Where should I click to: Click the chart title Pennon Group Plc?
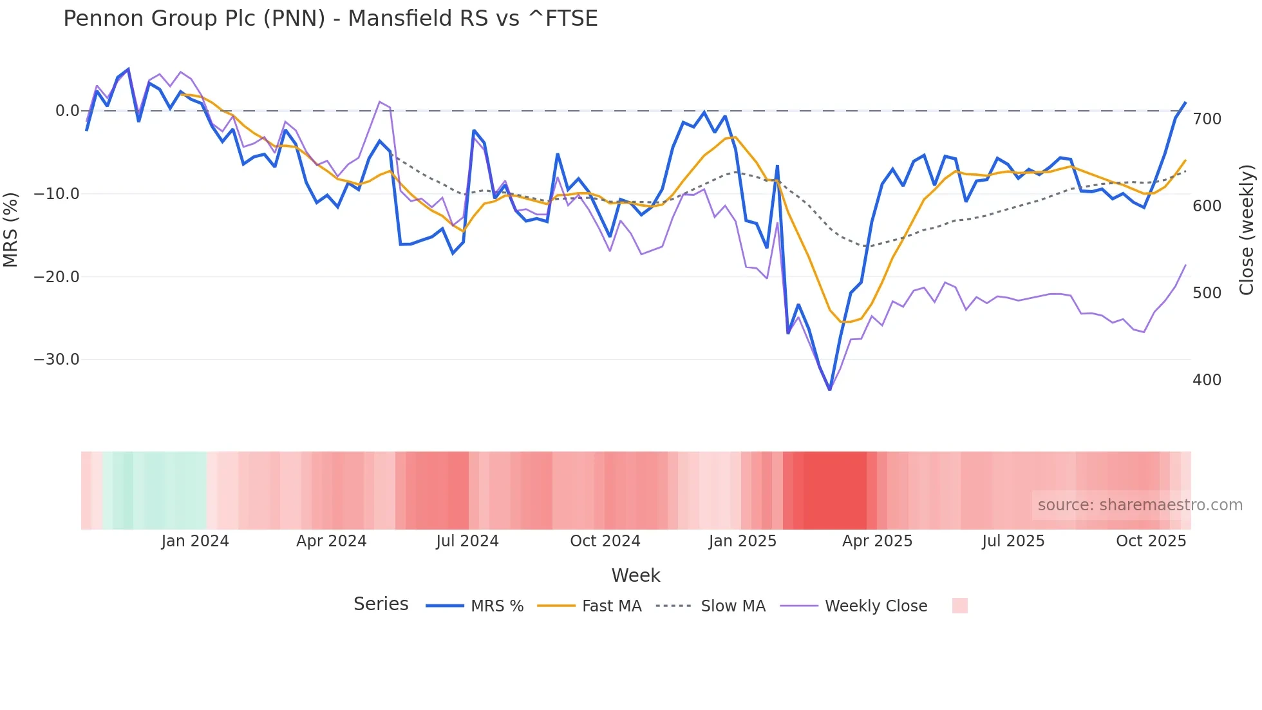330,19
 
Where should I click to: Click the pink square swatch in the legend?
959,606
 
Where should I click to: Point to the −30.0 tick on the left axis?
57,360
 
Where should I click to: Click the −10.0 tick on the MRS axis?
57,194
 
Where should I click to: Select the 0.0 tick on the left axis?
67,111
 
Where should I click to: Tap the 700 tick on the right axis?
1207,119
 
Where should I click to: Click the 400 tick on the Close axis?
1207,380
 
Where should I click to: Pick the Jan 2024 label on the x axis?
195,541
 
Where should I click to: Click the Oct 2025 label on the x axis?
1151,541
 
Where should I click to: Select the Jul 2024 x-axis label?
467,541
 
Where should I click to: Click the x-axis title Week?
636,575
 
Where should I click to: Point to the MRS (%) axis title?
10,230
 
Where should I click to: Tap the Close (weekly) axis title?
1247,230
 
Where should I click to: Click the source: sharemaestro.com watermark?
1140,505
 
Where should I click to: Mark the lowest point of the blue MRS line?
829,390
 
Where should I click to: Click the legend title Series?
381,604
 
